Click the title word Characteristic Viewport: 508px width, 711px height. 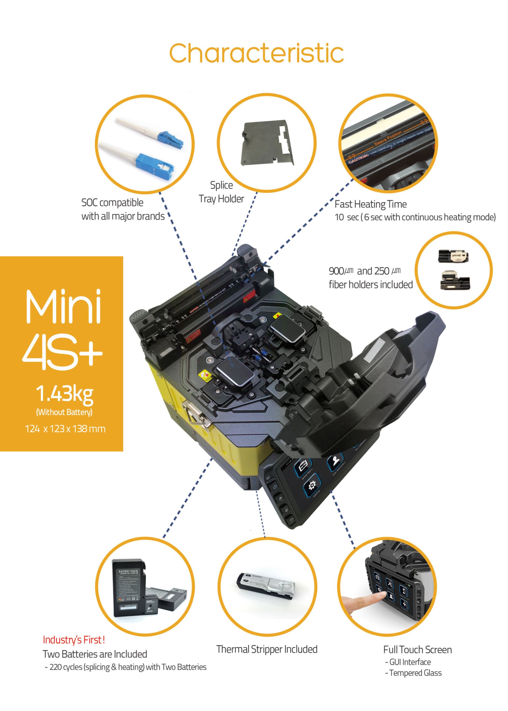(x=256, y=53)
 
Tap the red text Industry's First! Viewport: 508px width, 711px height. (x=74, y=640)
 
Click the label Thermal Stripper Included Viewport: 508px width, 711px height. (x=267, y=649)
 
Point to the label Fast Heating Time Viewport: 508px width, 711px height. (x=370, y=204)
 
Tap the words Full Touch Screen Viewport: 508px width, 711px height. (x=417, y=650)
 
